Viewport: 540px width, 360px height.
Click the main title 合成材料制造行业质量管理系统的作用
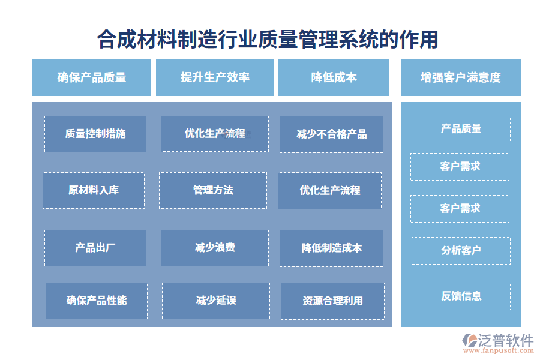[268, 40]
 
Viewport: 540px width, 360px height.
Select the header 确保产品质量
[92, 77]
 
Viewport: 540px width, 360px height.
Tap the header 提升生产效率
[215, 77]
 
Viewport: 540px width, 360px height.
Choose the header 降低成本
[334, 77]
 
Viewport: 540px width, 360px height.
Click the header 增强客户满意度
[460, 77]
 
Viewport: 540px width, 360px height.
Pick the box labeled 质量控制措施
[95, 134]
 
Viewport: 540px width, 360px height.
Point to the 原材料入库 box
[94, 191]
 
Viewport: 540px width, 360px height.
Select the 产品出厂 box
[95, 248]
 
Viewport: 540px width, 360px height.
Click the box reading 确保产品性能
[96, 301]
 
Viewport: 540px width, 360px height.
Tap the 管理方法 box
[213, 191]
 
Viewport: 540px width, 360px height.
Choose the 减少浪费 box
[215, 248]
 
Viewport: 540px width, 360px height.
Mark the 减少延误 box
[216, 301]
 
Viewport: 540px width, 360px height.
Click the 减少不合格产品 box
[331, 134]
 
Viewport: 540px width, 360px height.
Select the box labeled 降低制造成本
[331, 248]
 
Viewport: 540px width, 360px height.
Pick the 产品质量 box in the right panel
[461, 129]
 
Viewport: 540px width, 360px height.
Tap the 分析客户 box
[461, 251]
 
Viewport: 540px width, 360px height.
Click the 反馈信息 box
[461, 296]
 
